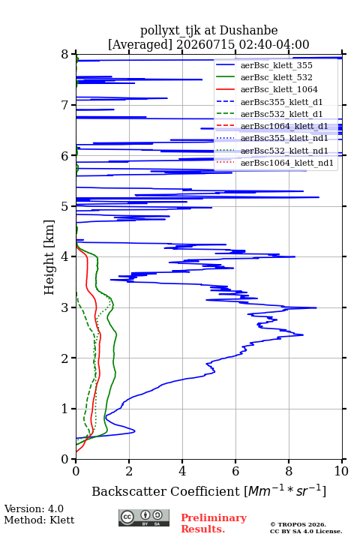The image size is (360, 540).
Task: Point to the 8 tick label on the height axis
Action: [x=65, y=55]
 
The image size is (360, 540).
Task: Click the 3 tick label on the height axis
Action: [x=65, y=307]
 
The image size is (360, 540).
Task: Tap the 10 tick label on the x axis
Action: [x=341, y=471]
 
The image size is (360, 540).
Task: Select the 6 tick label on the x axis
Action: [x=235, y=471]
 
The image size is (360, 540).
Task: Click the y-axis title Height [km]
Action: [x=49, y=257]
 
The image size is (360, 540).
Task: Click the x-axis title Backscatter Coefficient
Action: [x=166, y=491]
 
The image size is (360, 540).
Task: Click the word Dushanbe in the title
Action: [x=248, y=31]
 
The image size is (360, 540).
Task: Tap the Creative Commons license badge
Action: [x=144, y=517]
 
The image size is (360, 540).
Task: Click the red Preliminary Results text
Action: [x=214, y=523]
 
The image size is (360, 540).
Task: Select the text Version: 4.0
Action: [x=34, y=508]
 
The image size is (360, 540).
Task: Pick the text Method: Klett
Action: [x=39, y=520]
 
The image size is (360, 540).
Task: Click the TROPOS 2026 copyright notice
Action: [x=298, y=524]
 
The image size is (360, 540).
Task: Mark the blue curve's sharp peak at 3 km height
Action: [x=316, y=307]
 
